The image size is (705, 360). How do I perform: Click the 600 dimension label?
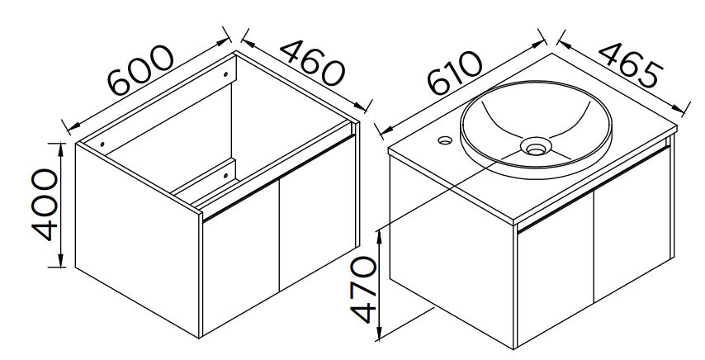[140, 70]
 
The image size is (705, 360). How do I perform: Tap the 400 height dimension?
[45, 205]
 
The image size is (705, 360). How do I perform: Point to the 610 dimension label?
[454, 73]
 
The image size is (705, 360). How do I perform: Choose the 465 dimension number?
[631, 64]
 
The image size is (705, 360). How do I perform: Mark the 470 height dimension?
[363, 290]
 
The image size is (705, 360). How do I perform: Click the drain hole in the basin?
[536, 146]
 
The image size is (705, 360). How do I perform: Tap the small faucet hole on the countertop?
[445, 140]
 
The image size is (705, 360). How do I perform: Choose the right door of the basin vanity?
[632, 225]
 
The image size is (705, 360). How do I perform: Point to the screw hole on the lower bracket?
[225, 175]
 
